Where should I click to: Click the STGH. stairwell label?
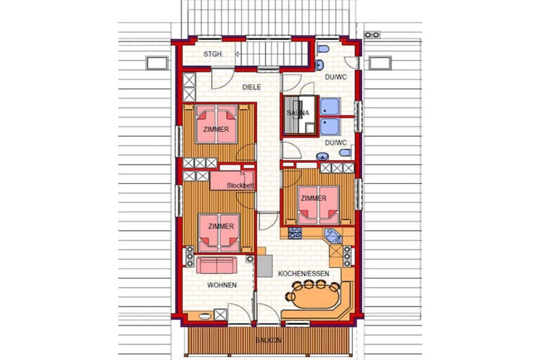tap(213, 54)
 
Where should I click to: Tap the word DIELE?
tap(252, 87)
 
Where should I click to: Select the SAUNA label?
tap(298, 113)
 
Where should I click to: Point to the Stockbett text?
tap(240, 186)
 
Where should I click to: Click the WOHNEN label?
tap(222, 285)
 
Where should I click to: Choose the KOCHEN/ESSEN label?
tap(303, 274)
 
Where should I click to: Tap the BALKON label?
tap(268, 340)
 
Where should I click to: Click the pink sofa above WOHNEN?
tap(216, 265)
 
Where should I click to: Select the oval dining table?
tap(313, 297)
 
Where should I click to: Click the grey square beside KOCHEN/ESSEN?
tap(265, 266)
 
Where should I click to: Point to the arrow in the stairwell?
tap(238, 54)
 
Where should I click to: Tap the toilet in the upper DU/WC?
tap(323, 49)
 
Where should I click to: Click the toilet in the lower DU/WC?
tap(345, 152)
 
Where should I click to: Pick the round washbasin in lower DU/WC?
tap(322, 157)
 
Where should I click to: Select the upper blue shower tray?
tap(330, 106)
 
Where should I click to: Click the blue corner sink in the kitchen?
tap(333, 237)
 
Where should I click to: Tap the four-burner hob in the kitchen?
tap(295, 233)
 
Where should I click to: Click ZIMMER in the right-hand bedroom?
tap(313, 199)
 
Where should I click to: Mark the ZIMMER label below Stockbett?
tap(221, 227)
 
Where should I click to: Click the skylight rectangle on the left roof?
tap(157, 63)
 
